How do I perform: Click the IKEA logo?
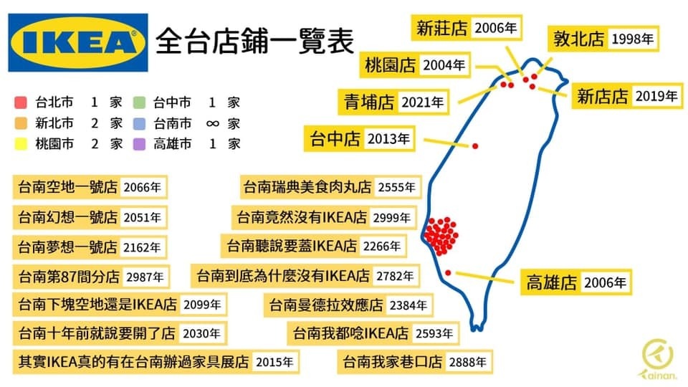click(78, 42)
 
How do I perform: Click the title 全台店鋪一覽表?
click(254, 42)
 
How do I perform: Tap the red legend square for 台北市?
click(21, 102)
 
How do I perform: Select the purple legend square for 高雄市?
click(139, 144)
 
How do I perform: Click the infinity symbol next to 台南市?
click(212, 124)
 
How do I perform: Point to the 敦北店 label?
click(579, 39)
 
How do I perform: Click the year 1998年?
click(632, 39)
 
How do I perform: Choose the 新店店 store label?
click(603, 96)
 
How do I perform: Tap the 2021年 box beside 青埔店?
click(422, 102)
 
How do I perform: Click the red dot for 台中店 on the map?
click(475, 146)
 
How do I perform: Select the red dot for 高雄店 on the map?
click(447, 273)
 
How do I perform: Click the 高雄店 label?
click(551, 282)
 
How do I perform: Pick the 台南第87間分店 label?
click(69, 277)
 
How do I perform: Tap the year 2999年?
click(391, 218)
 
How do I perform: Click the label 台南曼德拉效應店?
click(326, 305)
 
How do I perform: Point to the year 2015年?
click(274, 362)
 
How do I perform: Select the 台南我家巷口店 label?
click(392, 362)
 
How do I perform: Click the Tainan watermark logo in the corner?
click(658, 359)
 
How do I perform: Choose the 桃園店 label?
click(390, 65)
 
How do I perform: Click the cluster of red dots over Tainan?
click(441, 236)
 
